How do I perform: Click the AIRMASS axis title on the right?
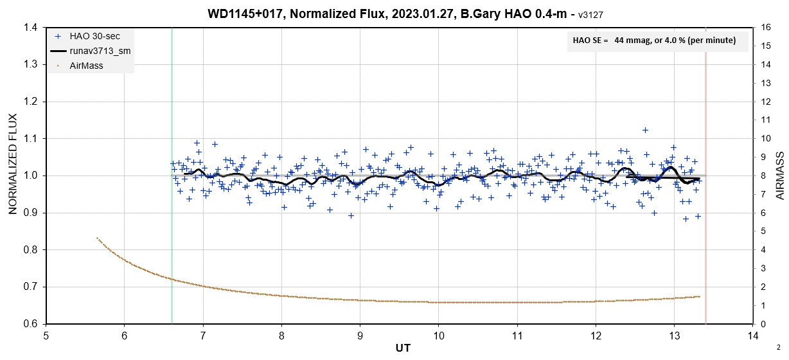[x=779, y=175]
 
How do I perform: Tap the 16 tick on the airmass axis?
[x=765, y=28]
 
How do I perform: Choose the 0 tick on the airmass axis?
[x=763, y=324]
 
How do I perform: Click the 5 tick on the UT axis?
[x=46, y=335]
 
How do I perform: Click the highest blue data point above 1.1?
[x=645, y=130]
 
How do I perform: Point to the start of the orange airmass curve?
[x=97, y=238]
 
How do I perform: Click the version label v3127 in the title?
[x=594, y=14]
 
